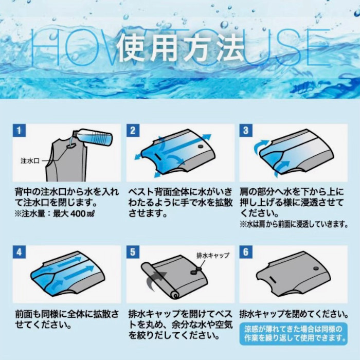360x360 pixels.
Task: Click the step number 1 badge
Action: click(19, 131)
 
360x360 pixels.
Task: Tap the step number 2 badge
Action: click(133, 131)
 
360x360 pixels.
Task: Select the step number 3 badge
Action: click(246, 131)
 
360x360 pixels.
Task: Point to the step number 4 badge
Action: click(19, 252)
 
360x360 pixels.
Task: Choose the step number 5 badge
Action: click(133, 252)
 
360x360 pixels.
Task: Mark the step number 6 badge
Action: click(246, 252)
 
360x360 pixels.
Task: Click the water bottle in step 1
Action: click(93, 137)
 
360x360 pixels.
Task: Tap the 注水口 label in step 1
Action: click(30, 161)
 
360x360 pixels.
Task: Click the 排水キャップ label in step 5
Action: click(213, 255)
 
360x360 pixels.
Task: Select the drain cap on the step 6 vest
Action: click(316, 268)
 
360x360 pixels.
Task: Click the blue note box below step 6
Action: click(294, 334)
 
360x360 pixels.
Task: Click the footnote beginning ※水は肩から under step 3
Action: click(294, 224)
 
